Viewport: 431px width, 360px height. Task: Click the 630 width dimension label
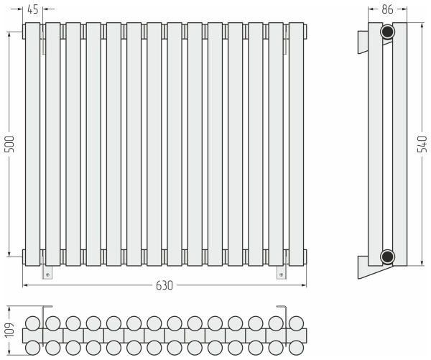(x=164, y=285)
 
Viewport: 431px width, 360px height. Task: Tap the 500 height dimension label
(x=10, y=144)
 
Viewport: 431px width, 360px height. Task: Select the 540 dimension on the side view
(x=422, y=144)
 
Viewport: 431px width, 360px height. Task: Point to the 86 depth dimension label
(x=388, y=9)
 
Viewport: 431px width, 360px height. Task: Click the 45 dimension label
(x=33, y=9)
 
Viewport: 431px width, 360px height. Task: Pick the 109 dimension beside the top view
(x=10, y=330)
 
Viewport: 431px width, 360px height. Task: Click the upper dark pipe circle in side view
(x=388, y=32)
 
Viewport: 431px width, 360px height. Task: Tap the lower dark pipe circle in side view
(x=388, y=257)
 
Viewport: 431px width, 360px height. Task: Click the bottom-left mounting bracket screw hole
(x=48, y=274)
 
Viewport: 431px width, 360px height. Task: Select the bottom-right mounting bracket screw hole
(x=281, y=274)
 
